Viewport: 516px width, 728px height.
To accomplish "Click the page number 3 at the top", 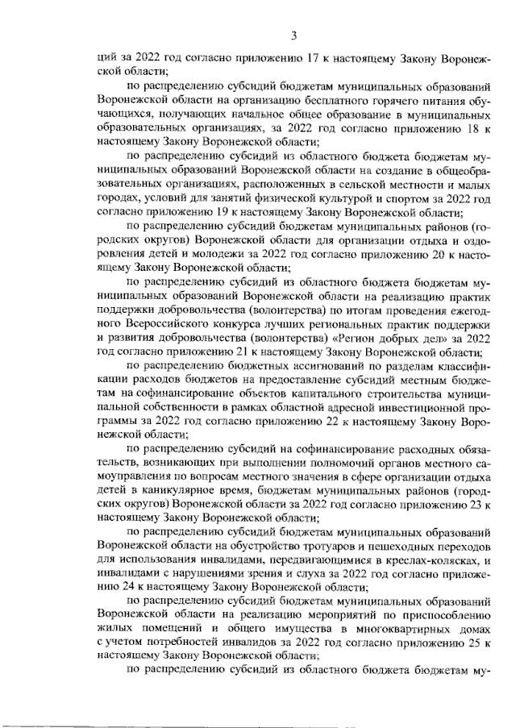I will [x=294, y=34].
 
